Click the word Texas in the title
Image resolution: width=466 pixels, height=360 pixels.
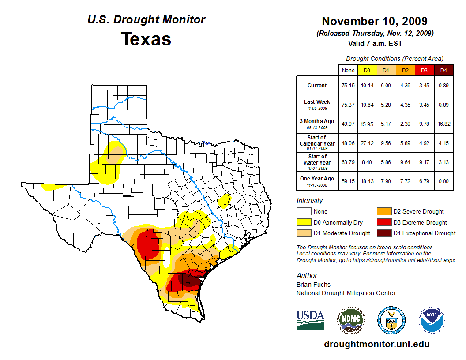coord(146,39)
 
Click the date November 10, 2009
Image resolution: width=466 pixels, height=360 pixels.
coord(374,21)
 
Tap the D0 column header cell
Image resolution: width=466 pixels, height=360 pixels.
coord(367,70)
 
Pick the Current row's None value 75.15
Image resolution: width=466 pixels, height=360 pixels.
coord(348,86)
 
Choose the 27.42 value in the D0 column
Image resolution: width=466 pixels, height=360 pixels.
coord(367,143)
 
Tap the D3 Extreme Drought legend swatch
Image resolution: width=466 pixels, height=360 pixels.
coord(383,222)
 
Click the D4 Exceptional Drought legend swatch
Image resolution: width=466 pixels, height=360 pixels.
coord(383,233)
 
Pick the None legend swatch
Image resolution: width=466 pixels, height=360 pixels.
coord(304,212)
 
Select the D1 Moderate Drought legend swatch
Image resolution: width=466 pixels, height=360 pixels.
coord(304,233)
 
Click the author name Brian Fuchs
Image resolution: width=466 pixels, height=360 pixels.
coord(313,285)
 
